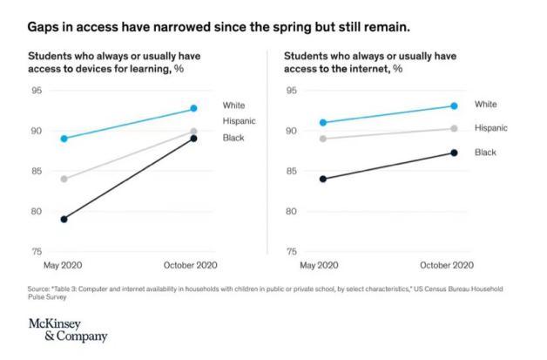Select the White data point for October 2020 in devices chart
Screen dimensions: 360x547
[193, 108]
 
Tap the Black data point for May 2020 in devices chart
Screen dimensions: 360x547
[64, 219]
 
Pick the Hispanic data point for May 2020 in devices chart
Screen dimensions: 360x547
[64, 179]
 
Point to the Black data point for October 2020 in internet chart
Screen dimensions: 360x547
[454, 153]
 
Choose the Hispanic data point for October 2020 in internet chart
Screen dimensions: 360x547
[454, 128]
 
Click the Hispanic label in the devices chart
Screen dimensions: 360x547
[239, 120]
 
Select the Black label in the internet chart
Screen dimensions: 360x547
[485, 153]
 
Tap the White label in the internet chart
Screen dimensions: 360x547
[486, 105]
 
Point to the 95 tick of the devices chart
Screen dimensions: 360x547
[37, 91]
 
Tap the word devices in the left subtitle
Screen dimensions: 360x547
[103, 68]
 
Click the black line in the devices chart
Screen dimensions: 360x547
[129, 179]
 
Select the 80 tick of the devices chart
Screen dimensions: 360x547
[37, 211]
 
